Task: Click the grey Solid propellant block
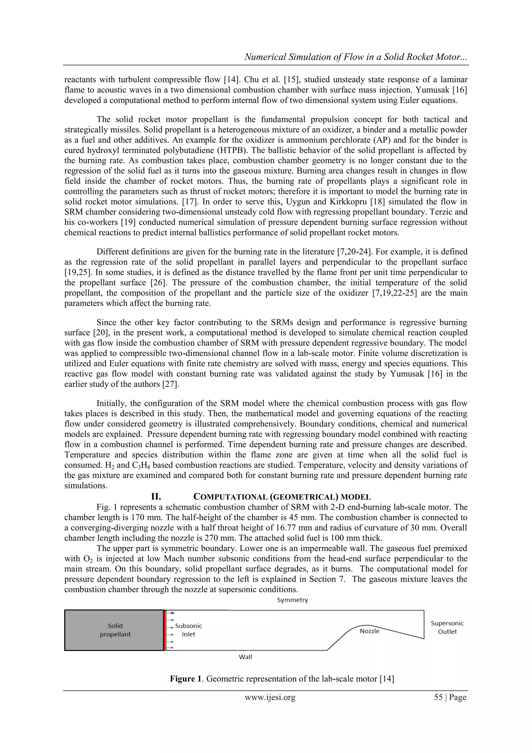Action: point(114,630)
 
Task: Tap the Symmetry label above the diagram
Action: point(292,600)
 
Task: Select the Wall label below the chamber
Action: point(245,657)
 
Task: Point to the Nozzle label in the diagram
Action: point(369,631)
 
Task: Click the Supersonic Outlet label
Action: point(447,627)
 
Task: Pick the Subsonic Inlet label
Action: point(189,630)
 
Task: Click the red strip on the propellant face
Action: point(164,630)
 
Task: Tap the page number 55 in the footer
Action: point(438,697)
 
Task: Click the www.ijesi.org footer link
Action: point(270,697)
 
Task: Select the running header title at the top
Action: point(355,57)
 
